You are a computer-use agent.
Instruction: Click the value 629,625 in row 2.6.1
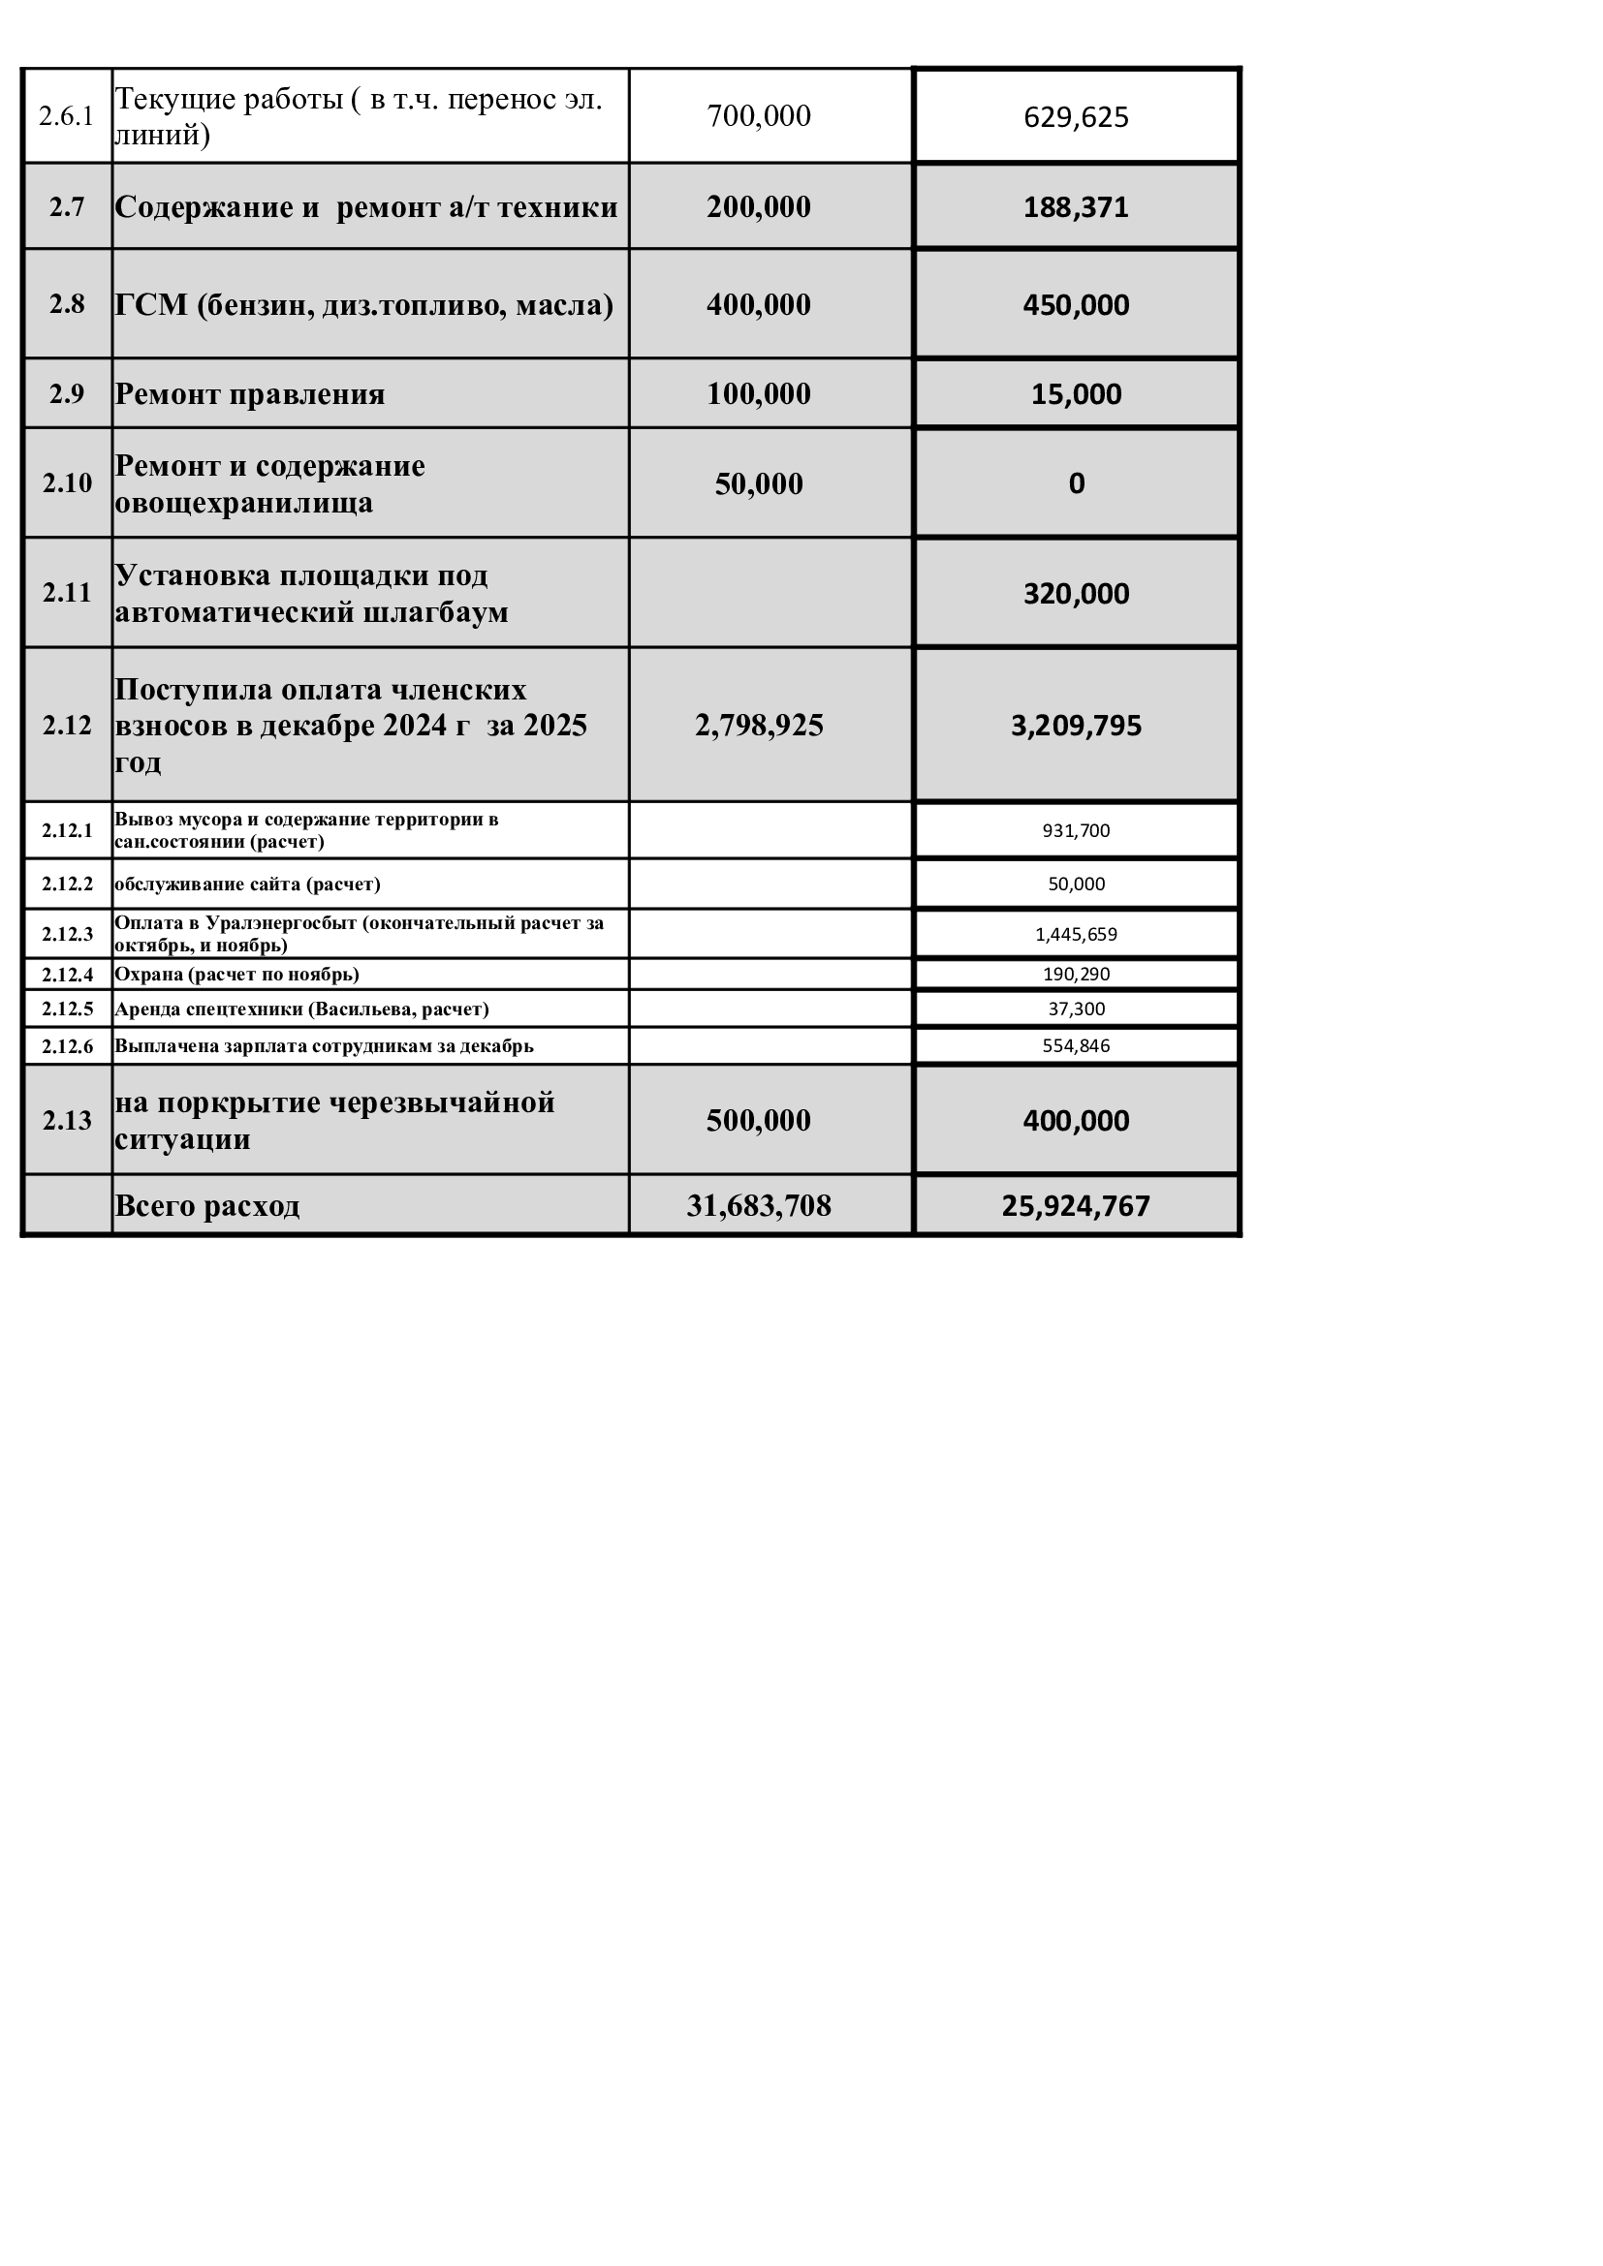pos(1075,117)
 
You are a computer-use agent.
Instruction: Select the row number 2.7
pos(67,207)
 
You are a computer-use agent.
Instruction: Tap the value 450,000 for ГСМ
pos(1075,305)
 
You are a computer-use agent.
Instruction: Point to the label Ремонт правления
pos(250,393)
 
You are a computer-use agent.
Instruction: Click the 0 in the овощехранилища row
pos(1076,483)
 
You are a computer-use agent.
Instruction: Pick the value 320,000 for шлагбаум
pos(1075,594)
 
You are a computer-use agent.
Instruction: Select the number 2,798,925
pos(758,726)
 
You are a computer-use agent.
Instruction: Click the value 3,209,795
pos(1075,726)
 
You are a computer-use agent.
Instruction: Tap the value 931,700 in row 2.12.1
pos(1075,831)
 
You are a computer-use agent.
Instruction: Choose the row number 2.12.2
pos(67,885)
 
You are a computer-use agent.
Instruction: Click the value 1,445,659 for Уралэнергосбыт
pos(1075,935)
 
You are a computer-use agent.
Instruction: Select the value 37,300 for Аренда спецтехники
pos(1075,1009)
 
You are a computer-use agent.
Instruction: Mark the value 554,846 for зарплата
pos(1075,1046)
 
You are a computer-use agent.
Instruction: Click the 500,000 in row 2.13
pos(758,1121)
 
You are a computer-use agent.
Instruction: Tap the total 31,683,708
pos(758,1206)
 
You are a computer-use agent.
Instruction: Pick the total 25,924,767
pos(1075,1206)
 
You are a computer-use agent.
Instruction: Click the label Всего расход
pos(207,1206)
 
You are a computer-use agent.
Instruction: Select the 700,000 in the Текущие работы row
pos(758,116)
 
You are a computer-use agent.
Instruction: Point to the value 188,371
pos(1075,207)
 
